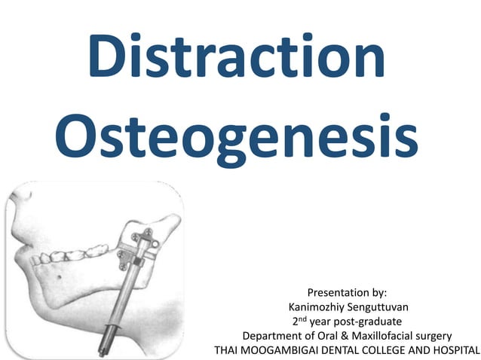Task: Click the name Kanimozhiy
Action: (316, 307)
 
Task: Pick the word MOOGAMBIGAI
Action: (281, 350)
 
